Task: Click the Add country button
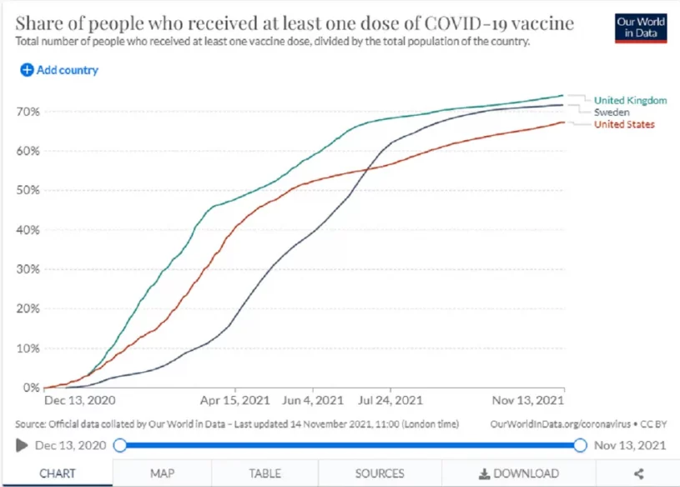click(59, 70)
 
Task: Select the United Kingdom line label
click(630, 100)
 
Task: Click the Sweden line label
click(612, 112)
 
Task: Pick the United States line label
click(624, 124)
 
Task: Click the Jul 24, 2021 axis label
click(390, 399)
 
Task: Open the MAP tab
click(162, 474)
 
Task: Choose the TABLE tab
click(264, 474)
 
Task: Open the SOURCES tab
click(380, 474)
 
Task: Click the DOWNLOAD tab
click(519, 474)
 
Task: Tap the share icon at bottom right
click(639, 474)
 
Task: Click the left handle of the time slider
click(120, 445)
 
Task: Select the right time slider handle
click(580, 445)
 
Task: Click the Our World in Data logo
click(640, 27)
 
